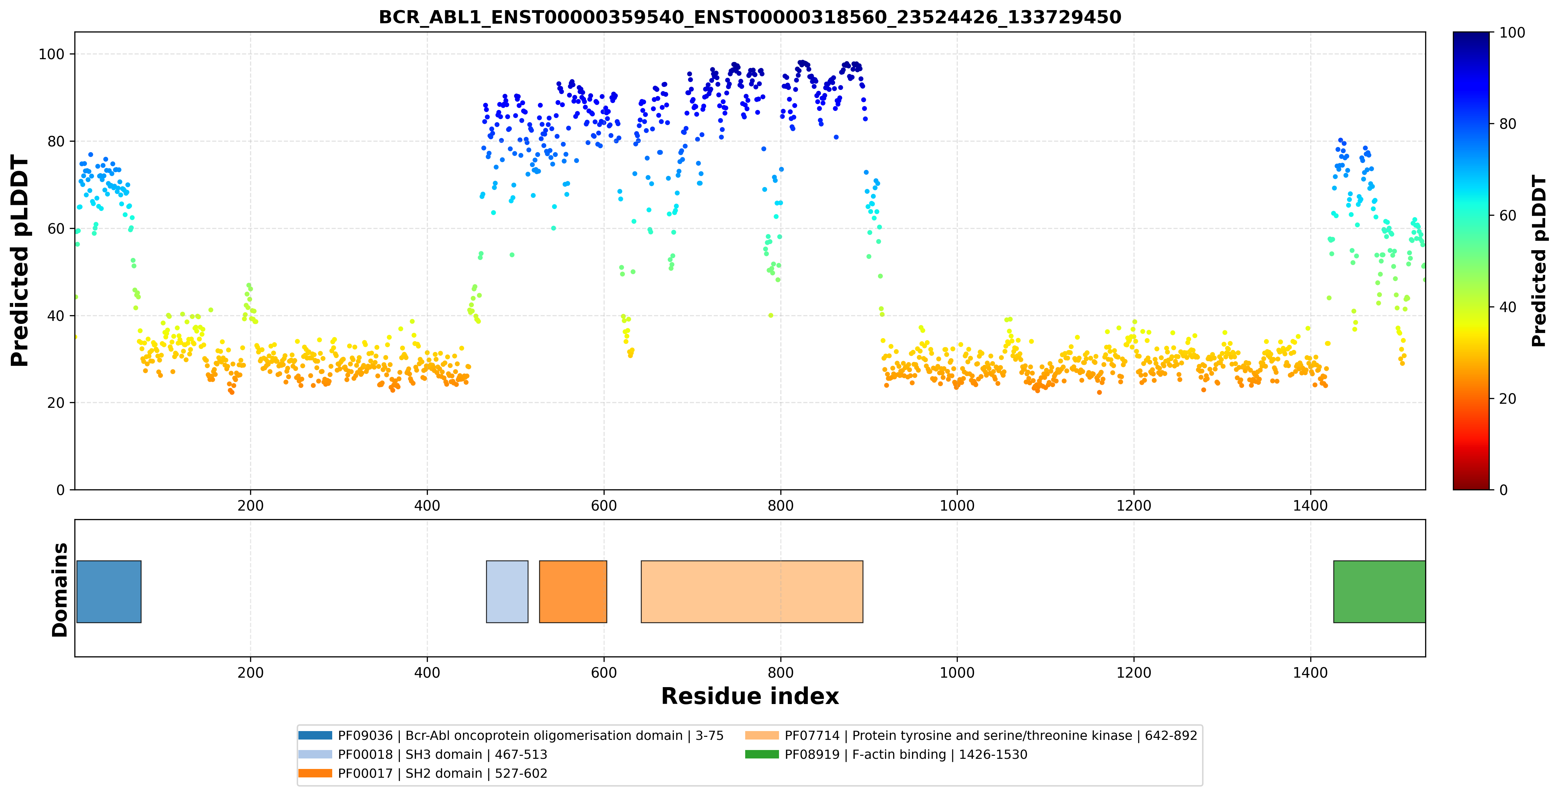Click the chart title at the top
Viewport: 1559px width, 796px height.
[x=750, y=17]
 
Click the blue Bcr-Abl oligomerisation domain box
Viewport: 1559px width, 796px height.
[x=109, y=591]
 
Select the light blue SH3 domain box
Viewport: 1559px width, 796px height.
[x=507, y=591]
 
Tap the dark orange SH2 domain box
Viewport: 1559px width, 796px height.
[x=573, y=591]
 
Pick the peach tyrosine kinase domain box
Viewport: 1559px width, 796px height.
[x=752, y=591]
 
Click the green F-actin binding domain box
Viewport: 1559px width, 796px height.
[x=1379, y=591]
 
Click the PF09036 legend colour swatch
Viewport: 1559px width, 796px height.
[x=315, y=735]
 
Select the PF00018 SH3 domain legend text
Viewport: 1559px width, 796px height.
[x=442, y=754]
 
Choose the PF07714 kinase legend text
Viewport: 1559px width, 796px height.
[x=991, y=735]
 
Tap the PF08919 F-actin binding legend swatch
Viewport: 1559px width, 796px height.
[x=762, y=754]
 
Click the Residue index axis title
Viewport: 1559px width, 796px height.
[x=750, y=696]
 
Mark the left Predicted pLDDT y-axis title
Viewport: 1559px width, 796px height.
[x=20, y=261]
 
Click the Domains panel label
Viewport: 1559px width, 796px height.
[x=60, y=590]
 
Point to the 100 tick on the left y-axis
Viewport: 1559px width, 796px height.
[x=51, y=54]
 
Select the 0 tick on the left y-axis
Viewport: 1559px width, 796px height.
[x=60, y=490]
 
